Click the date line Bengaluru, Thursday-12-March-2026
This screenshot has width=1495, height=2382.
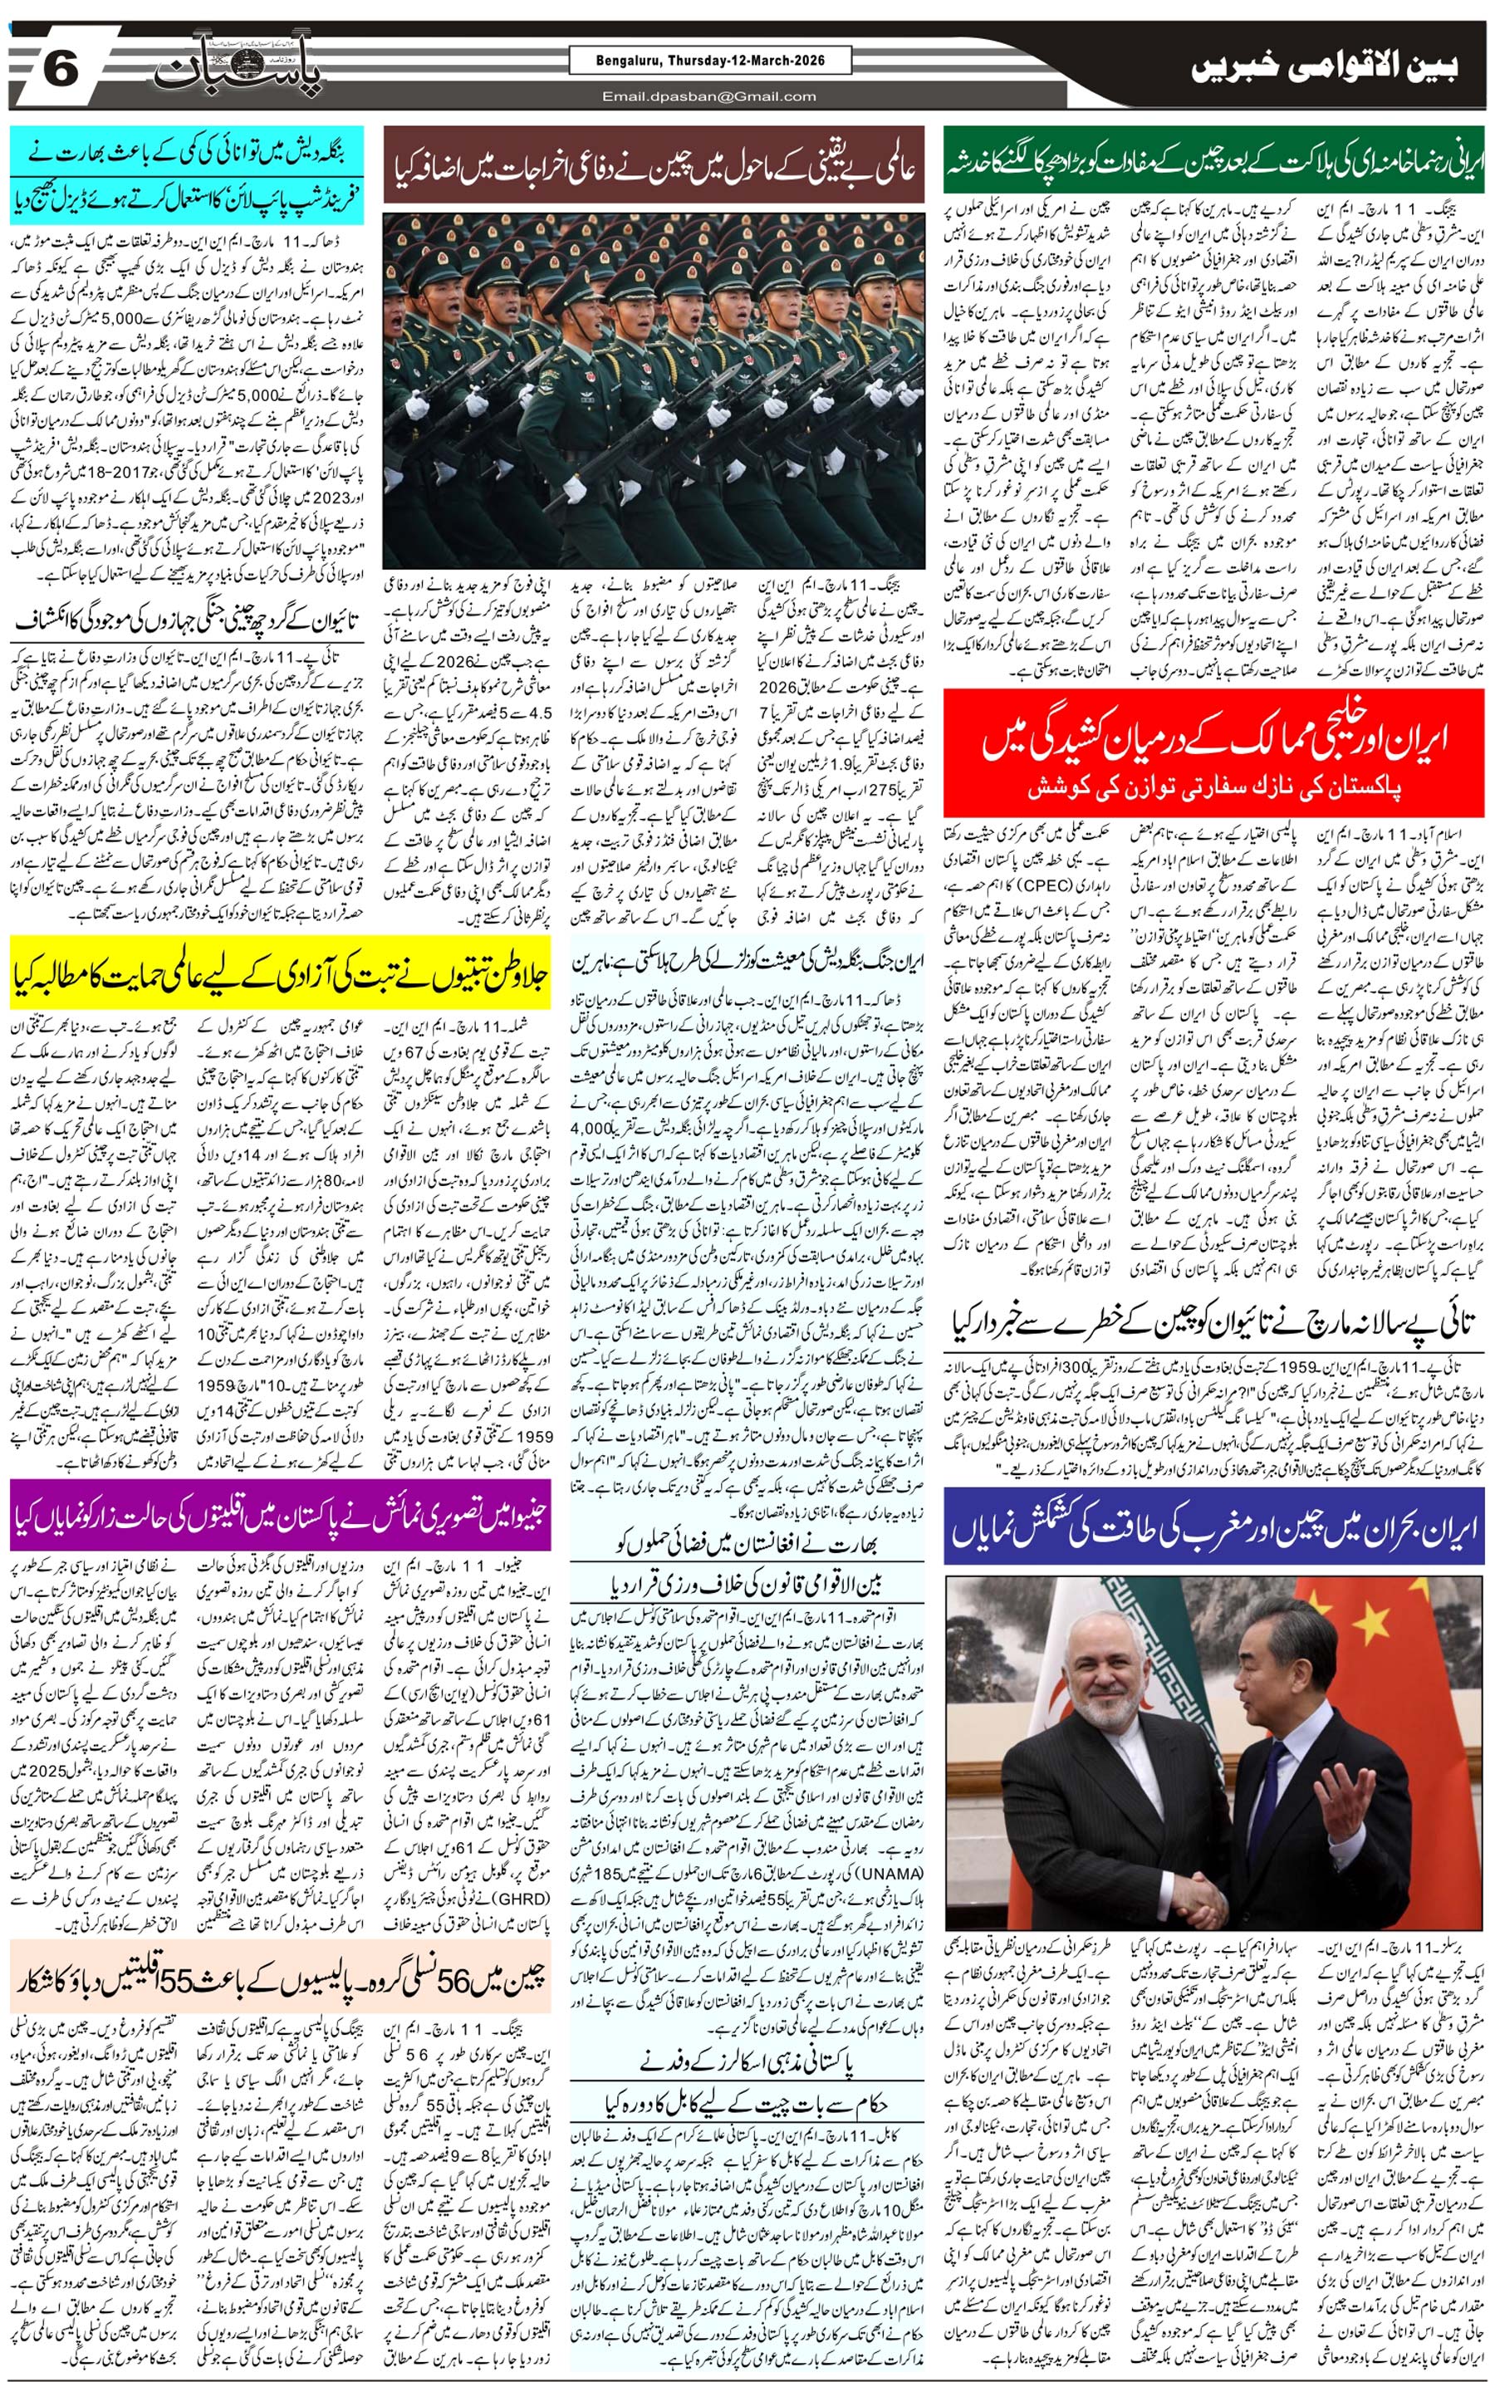(710, 61)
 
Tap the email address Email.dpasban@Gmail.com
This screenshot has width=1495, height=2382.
(709, 96)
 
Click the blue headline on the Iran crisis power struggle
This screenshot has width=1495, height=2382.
(1213, 1530)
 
